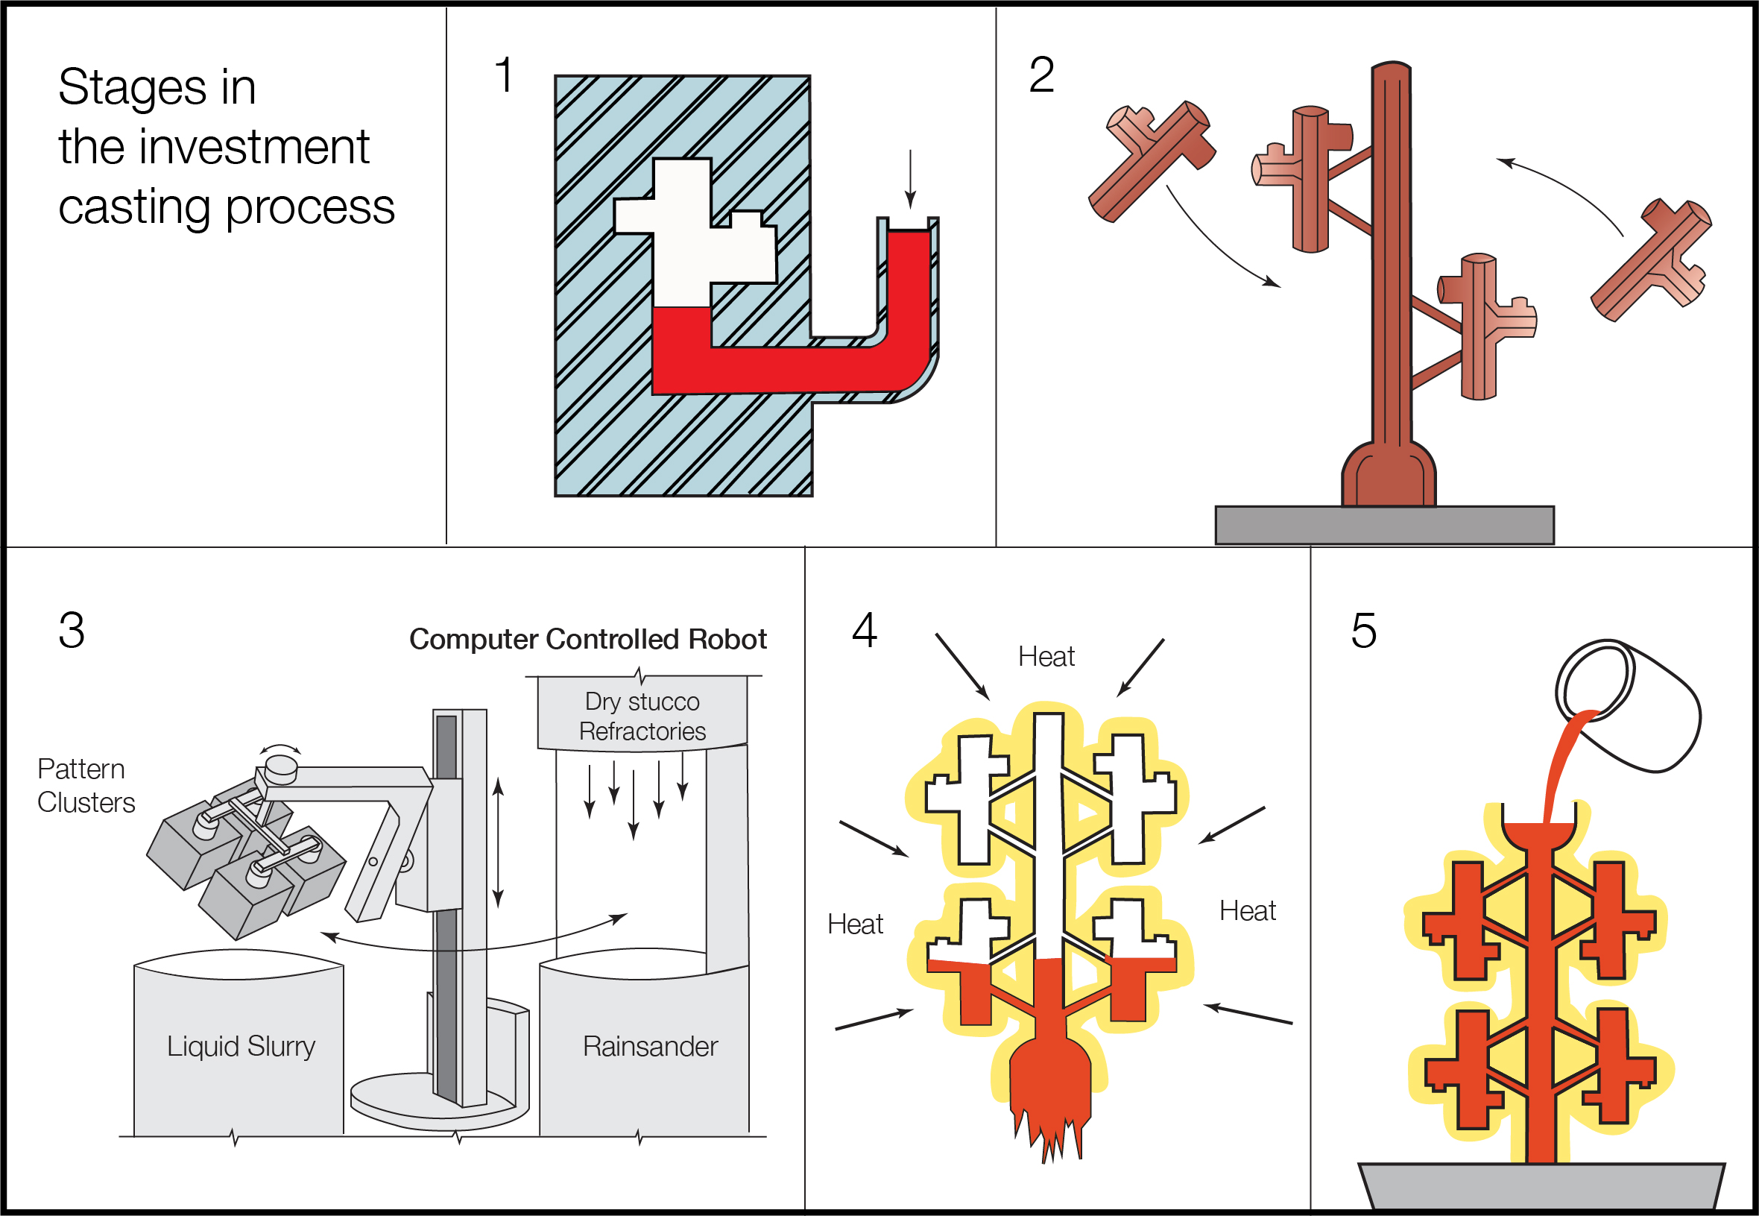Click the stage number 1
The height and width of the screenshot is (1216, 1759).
(503, 75)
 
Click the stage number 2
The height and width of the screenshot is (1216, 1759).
(1041, 75)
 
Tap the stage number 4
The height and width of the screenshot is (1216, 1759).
(865, 630)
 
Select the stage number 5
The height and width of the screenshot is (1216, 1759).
(1363, 631)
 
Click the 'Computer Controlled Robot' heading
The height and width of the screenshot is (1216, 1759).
(587, 639)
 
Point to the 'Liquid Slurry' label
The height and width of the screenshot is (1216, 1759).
(241, 1046)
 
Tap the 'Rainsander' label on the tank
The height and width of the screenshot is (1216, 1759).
(649, 1047)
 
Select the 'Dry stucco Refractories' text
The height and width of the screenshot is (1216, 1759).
(642, 716)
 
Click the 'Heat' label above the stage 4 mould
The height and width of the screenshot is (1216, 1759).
(1046, 657)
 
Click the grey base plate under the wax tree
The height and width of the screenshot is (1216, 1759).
(1383, 525)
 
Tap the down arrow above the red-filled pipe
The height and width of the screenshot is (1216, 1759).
(909, 180)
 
